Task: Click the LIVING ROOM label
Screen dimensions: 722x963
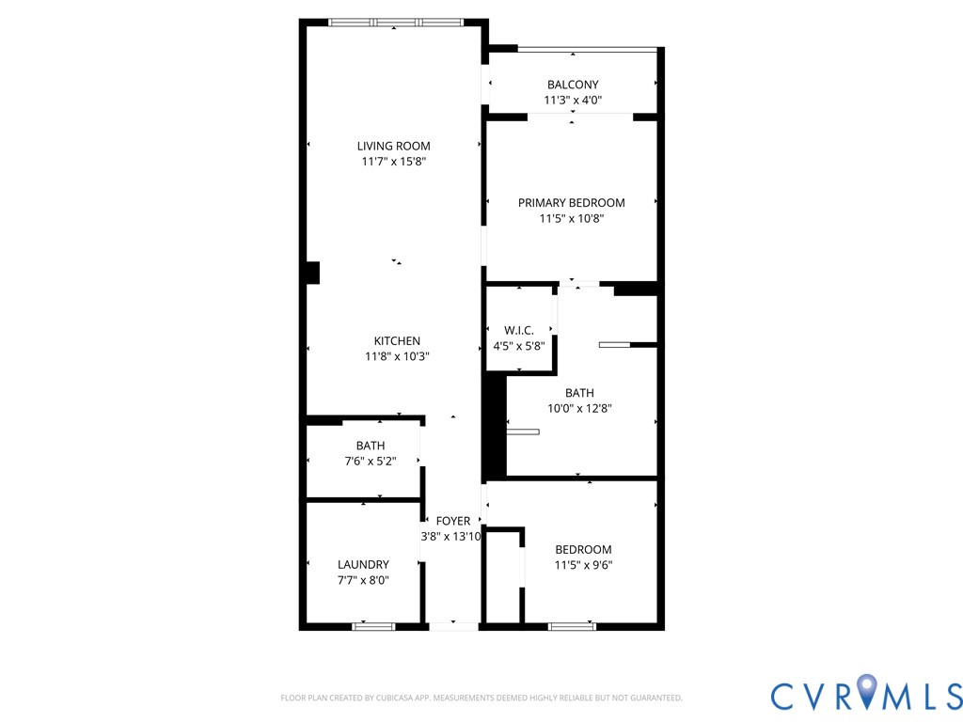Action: point(393,146)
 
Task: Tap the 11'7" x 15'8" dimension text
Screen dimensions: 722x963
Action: point(393,162)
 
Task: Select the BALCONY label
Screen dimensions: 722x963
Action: point(572,85)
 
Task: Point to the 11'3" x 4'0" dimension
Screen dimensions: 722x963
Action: point(572,101)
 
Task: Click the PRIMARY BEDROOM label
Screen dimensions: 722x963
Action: point(571,202)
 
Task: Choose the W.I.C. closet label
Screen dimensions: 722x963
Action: point(518,330)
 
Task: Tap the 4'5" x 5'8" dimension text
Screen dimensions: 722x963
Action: point(518,346)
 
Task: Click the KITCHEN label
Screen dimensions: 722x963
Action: point(397,341)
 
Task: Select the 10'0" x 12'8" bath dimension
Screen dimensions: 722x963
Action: point(578,409)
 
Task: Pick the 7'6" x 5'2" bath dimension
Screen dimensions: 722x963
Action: point(370,462)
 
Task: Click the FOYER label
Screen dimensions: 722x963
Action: point(452,521)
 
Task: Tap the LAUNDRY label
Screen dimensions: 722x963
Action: point(363,564)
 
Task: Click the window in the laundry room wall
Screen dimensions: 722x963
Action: point(373,625)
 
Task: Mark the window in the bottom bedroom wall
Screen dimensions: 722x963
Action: point(572,625)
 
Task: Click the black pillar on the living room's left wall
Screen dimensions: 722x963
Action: point(312,273)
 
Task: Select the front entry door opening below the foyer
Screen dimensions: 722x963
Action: point(453,625)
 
